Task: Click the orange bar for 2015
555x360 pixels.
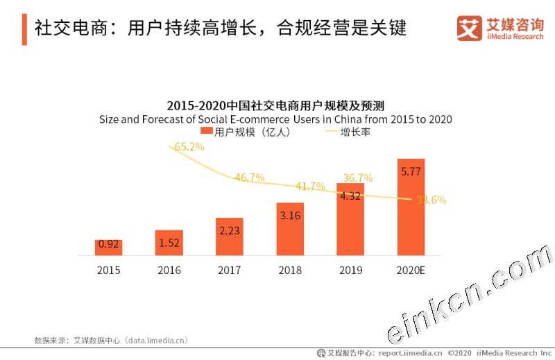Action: point(108,248)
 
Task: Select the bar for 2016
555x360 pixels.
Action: point(169,243)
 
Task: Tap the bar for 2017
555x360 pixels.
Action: point(229,237)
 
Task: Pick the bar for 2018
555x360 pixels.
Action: point(290,229)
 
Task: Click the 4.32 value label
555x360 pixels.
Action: point(350,196)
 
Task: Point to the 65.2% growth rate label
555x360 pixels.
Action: point(189,147)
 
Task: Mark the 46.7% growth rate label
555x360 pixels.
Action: point(250,178)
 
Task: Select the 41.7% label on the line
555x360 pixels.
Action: point(310,187)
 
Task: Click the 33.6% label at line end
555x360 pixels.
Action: point(431,200)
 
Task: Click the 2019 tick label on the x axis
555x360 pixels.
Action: point(350,271)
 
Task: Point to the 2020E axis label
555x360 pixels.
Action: point(411,271)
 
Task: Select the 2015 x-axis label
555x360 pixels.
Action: point(108,271)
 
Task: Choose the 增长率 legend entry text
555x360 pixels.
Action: point(355,131)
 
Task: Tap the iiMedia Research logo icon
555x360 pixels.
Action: point(469,28)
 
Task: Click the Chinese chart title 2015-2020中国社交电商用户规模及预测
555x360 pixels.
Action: point(275,105)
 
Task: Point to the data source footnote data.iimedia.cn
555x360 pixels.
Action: point(111,341)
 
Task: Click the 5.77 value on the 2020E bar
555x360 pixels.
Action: point(411,168)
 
